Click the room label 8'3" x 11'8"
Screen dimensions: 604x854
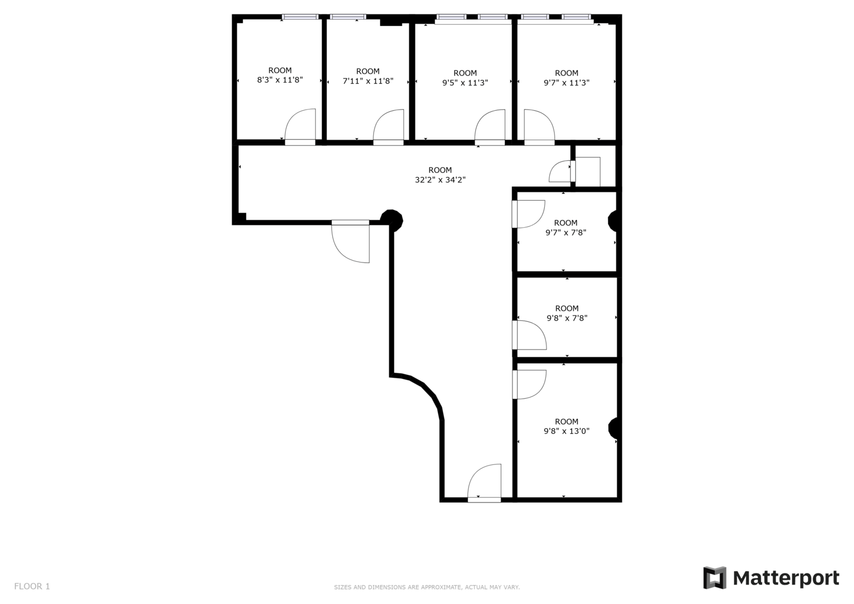pyautogui.click(x=280, y=80)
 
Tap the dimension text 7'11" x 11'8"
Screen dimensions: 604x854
pyautogui.click(x=368, y=81)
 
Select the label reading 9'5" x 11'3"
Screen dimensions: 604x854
pyautogui.click(x=465, y=82)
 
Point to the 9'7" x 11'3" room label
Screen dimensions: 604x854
pyautogui.click(x=566, y=82)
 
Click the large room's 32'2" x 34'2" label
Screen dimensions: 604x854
pyautogui.click(x=440, y=179)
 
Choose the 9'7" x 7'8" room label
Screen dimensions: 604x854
pyautogui.click(x=565, y=232)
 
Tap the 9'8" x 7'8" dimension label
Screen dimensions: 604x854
pyautogui.click(x=567, y=318)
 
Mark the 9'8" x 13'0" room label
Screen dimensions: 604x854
pyautogui.click(x=566, y=431)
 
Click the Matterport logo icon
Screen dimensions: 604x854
pyautogui.click(x=714, y=577)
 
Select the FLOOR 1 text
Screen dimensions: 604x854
pyautogui.click(x=32, y=586)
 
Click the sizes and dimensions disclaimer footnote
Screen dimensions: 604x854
pyautogui.click(x=426, y=587)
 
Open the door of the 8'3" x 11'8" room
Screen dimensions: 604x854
pyautogui.click(x=301, y=126)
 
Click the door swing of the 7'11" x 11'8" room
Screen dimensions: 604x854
pyautogui.click(x=388, y=126)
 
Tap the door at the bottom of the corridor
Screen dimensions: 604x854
pyautogui.click(x=485, y=482)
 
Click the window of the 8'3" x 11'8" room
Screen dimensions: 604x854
pyautogui.click(x=300, y=17)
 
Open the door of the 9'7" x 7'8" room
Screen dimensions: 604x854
pyautogui.click(x=529, y=213)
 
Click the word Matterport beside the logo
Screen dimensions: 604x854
pyautogui.click(x=786, y=578)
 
